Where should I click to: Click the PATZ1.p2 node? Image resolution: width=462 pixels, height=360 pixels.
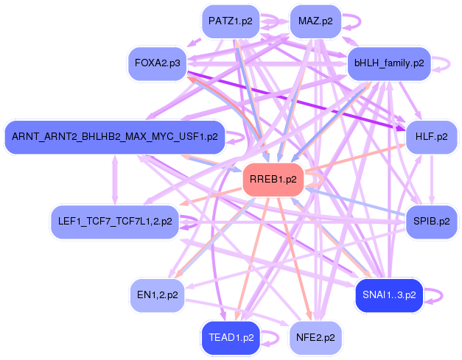[231, 21]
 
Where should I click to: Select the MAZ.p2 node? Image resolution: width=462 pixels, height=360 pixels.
[315, 21]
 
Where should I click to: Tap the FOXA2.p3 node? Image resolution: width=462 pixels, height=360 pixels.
[158, 63]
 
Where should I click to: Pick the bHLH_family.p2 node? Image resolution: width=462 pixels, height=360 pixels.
[389, 63]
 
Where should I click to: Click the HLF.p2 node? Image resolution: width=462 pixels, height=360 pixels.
[432, 137]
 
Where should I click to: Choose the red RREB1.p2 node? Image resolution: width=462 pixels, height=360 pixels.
[273, 180]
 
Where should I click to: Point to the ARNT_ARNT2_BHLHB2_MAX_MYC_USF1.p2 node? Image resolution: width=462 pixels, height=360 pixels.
[115, 137]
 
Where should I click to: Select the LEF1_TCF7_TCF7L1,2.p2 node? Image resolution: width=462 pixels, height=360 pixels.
[115, 222]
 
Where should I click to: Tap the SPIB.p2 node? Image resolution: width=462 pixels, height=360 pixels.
[432, 222]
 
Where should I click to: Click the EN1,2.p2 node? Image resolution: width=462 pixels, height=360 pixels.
[158, 295]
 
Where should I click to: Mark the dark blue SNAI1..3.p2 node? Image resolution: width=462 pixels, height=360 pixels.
[389, 295]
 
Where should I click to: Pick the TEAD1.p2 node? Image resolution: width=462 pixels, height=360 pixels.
[231, 338]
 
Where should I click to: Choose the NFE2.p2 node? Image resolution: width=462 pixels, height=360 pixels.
[315, 338]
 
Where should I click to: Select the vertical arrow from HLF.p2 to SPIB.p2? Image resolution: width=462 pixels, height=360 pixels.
[432, 180]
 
